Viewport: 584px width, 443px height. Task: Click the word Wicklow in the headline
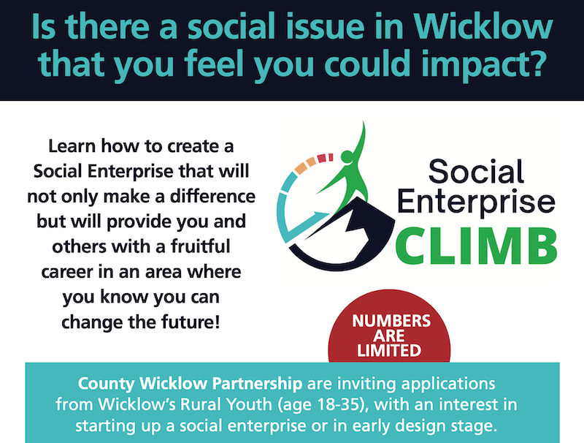(x=483, y=26)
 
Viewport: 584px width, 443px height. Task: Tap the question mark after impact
(x=534, y=63)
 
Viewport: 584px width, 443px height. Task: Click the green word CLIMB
(x=476, y=246)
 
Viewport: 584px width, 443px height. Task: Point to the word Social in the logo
(x=476, y=172)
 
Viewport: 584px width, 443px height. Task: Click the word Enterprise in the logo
(x=477, y=202)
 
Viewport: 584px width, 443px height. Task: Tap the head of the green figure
(x=347, y=156)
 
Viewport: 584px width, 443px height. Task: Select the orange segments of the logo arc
(x=305, y=165)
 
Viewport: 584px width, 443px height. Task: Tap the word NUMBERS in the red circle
(x=391, y=321)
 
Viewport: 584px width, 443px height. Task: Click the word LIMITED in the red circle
(x=389, y=350)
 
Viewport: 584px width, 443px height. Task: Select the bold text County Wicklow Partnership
(x=190, y=384)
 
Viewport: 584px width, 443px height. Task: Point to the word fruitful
(x=200, y=246)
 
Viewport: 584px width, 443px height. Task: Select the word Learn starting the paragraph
(x=72, y=145)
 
